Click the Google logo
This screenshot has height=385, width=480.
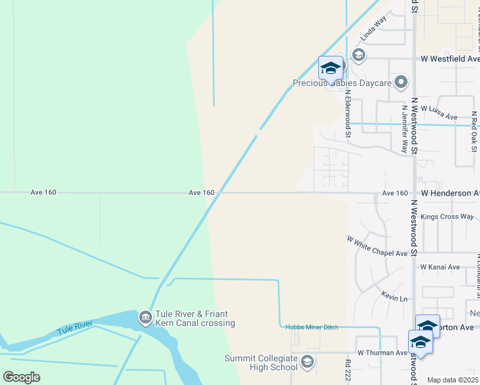[21, 377]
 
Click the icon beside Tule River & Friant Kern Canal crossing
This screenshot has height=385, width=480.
[145, 317]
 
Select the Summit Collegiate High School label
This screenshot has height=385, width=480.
[261, 363]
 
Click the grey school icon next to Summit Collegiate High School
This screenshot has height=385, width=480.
[307, 362]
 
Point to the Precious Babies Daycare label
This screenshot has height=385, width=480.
[342, 83]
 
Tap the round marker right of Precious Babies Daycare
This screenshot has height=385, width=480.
[401, 81]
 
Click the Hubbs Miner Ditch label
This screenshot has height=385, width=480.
[312, 327]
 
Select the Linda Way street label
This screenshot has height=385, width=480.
[373, 29]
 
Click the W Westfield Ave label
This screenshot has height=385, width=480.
[449, 58]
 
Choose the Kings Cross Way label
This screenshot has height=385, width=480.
[447, 217]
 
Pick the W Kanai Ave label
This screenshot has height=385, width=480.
[440, 267]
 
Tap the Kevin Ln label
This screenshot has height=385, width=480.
[395, 298]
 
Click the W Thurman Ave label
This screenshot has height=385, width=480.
[382, 353]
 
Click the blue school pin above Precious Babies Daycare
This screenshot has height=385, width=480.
[330, 69]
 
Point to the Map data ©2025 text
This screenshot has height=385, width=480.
[453, 380]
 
